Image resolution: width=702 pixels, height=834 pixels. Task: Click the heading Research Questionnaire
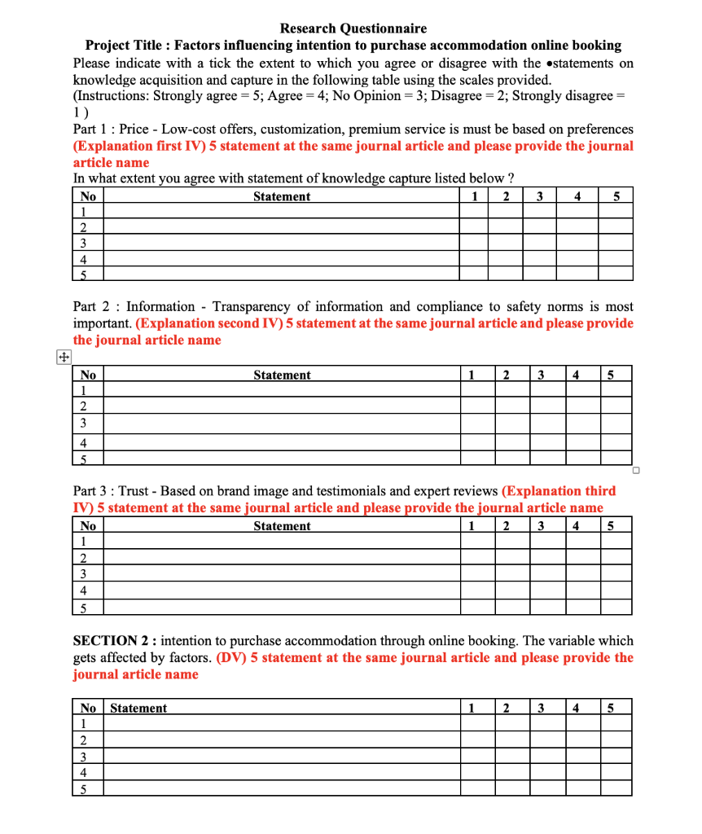click(353, 29)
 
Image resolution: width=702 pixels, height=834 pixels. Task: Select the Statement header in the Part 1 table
click(281, 196)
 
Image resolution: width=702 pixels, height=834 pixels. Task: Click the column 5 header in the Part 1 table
click(616, 196)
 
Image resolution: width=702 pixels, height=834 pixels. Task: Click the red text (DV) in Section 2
click(232, 658)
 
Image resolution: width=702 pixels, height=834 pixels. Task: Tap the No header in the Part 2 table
click(88, 375)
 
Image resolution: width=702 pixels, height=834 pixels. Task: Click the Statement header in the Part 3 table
click(281, 526)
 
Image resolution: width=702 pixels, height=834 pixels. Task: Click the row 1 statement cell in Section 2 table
click(281, 724)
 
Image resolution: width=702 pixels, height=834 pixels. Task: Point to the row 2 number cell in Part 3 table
click(83, 558)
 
